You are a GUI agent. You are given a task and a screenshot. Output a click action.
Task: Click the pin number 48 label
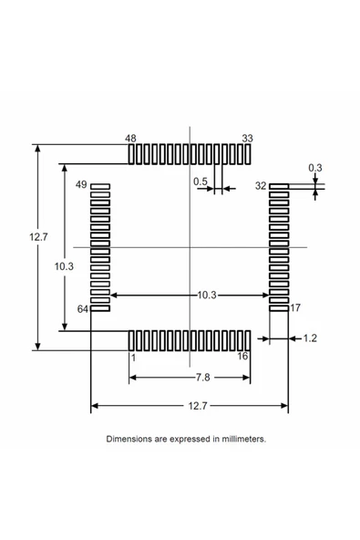pos(130,139)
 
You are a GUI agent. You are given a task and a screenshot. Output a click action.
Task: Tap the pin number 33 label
pos(247,139)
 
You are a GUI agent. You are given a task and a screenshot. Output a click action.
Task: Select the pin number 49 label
pos(81,185)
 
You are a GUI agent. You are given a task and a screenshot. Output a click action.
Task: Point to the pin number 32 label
pos(261,185)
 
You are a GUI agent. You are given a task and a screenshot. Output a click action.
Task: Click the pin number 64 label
pos(82,309)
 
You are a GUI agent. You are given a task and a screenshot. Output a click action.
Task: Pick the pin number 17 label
pos(295,308)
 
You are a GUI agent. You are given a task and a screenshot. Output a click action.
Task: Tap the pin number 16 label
pos(242,356)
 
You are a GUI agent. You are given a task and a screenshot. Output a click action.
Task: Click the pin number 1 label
pos(132,358)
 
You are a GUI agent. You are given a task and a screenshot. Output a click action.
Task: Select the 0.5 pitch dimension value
pos(201,182)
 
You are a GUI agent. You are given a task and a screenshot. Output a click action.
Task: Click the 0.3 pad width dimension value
pos(314,167)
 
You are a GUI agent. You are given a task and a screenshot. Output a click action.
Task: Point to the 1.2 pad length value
pos(309,338)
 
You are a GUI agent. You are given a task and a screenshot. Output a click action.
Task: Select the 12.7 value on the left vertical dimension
pos(38,237)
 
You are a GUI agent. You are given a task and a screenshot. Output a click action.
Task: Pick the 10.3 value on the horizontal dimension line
pos(206,295)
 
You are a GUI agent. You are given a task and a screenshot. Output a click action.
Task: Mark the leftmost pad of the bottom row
pos(131,340)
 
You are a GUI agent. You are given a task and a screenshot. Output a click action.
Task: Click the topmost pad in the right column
pos(279,186)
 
